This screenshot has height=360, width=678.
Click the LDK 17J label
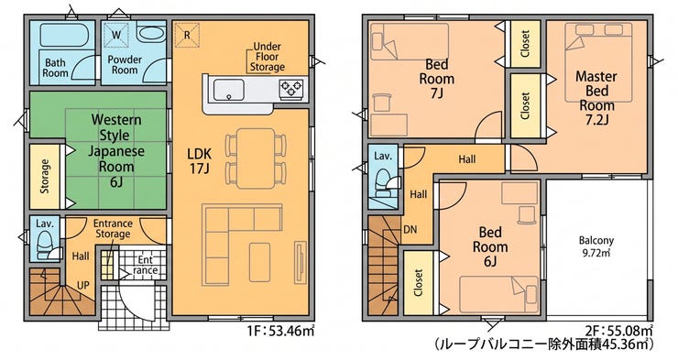click(199, 161)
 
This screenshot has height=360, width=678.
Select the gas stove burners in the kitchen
click(290, 88)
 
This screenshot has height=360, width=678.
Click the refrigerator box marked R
click(187, 35)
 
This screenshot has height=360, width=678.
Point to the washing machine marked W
click(116, 35)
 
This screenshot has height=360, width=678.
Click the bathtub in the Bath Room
click(64, 35)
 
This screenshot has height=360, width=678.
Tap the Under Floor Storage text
click(268, 57)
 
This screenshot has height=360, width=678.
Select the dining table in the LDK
click(256, 158)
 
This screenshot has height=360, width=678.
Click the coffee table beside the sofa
click(259, 262)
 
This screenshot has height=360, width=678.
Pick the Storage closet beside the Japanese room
click(45, 176)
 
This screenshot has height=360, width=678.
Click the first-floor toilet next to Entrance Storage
click(45, 245)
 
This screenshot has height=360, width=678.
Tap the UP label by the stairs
click(83, 286)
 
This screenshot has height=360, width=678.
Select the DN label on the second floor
click(410, 230)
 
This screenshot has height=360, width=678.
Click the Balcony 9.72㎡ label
click(596, 245)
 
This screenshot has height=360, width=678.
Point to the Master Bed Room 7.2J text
click(596, 98)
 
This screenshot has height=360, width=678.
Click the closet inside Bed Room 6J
click(418, 282)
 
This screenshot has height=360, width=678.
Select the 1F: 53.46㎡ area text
click(280, 332)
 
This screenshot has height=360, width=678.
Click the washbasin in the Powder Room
click(150, 33)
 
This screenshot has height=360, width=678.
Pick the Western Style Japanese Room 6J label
click(115, 151)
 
